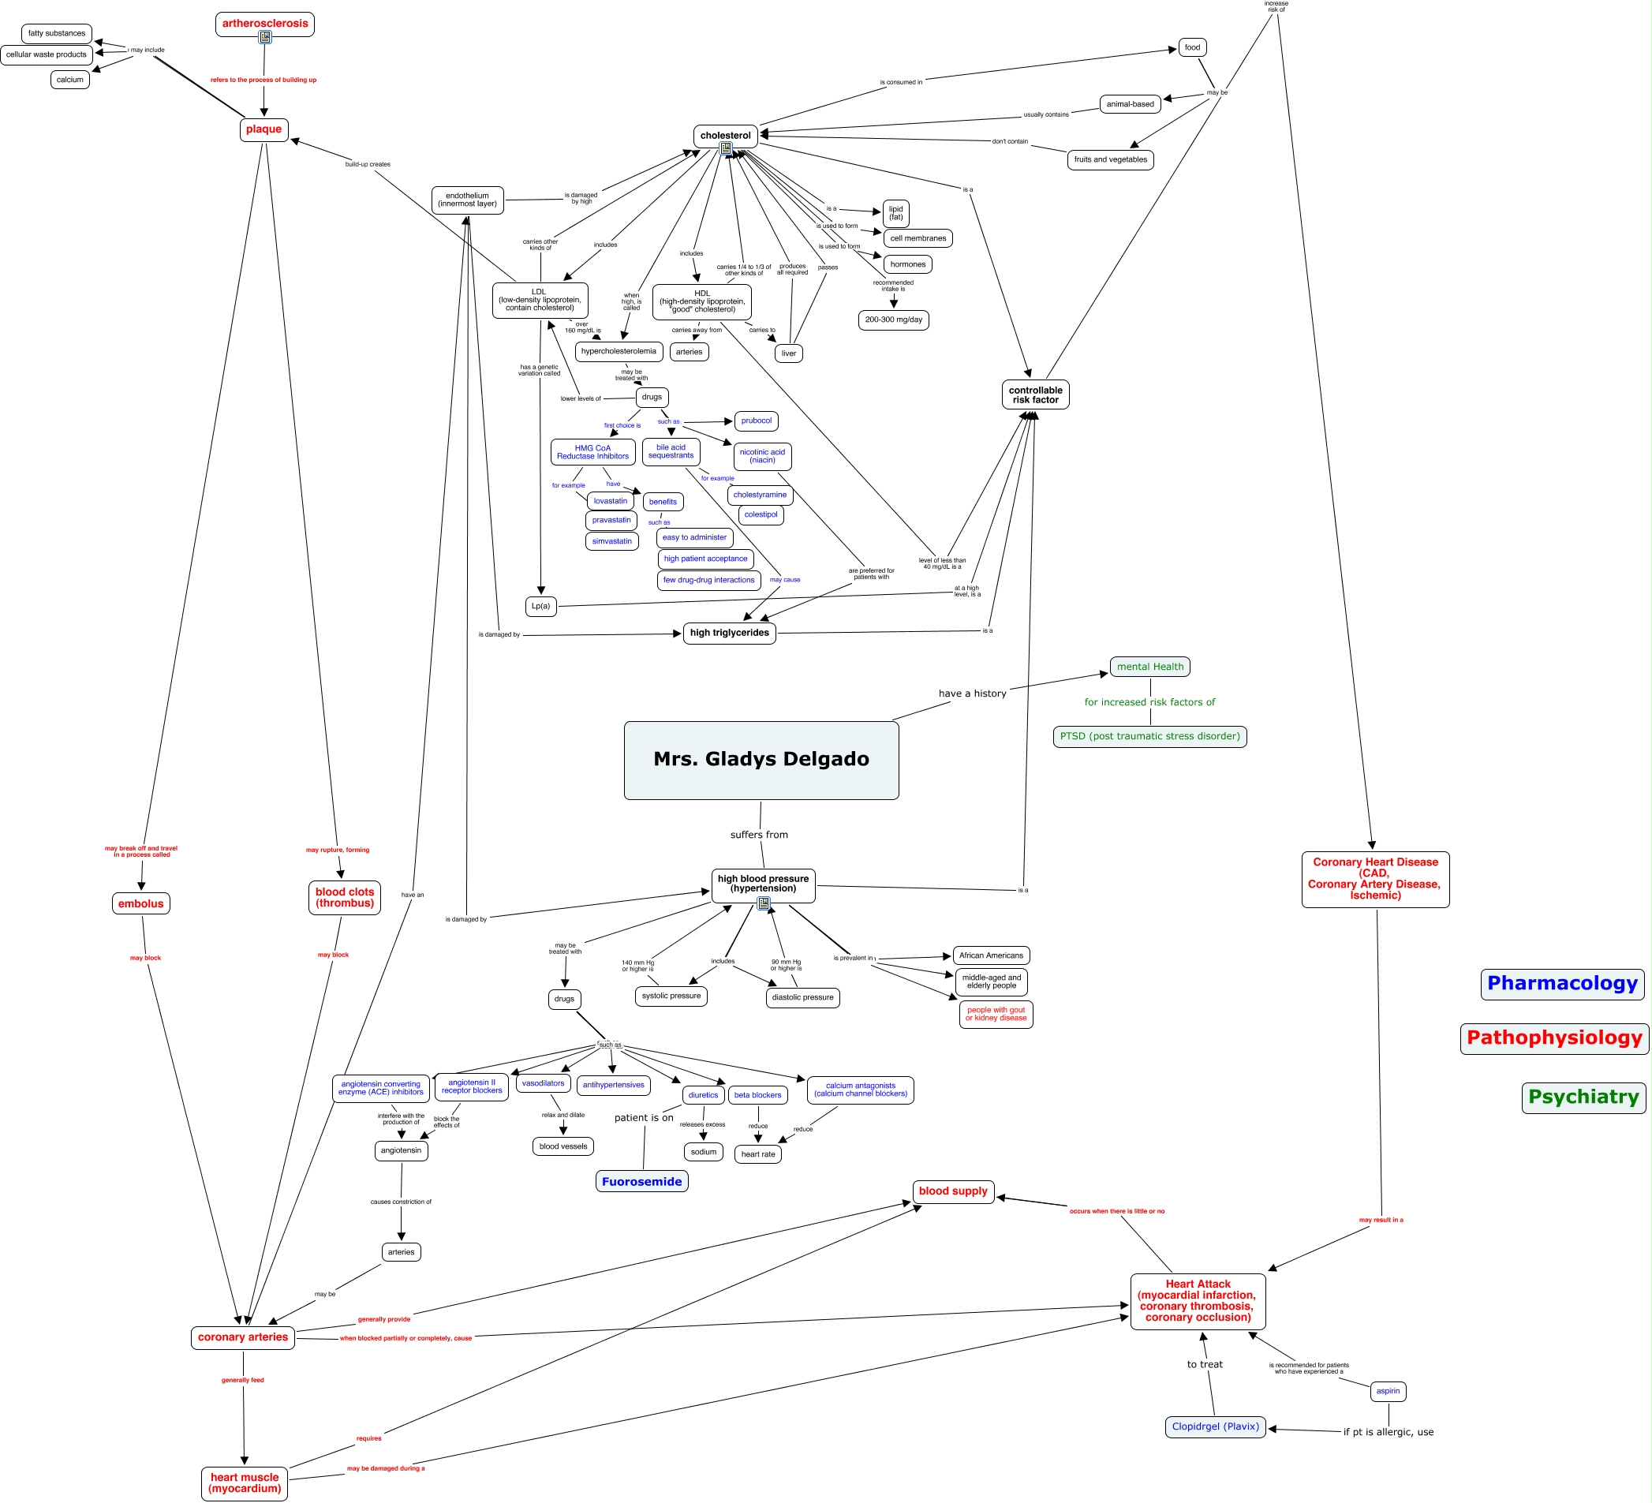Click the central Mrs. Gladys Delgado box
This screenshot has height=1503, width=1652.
pyautogui.click(x=761, y=760)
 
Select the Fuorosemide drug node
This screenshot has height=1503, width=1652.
pyautogui.click(x=641, y=1181)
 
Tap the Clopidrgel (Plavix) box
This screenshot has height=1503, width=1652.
pyautogui.click(x=1214, y=1426)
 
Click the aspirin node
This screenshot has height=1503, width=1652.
pyautogui.click(x=1388, y=1391)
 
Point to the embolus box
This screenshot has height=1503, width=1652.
pyautogui.click(x=141, y=903)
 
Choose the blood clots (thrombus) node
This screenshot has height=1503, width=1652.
pyautogui.click(x=344, y=897)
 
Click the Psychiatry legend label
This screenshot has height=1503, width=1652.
pyautogui.click(x=1583, y=1097)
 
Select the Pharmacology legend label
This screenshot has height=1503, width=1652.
pyautogui.click(x=1562, y=983)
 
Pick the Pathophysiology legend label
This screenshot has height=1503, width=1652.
pyautogui.click(x=1553, y=1038)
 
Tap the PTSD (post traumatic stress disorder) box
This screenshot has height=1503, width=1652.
pyautogui.click(x=1149, y=736)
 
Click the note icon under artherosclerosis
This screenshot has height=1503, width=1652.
pyautogui.click(x=264, y=37)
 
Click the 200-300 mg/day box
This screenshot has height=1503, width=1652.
pyautogui.click(x=893, y=320)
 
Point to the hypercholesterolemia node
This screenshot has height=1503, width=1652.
pyautogui.click(x=619, y=352)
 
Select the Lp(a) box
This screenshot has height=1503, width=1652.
pyautogui.click(x=541, y=607)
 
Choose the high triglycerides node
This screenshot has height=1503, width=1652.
pyautogui.click(x=729, y=633)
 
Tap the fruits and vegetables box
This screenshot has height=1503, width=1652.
pyautogui.click(x=1110, y=160)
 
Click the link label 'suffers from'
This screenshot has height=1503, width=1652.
pyautogui.click(x=759, y=834)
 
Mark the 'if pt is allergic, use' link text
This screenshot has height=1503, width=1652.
pyautogui.click(x=1389, y=1432)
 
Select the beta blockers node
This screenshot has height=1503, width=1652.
pyautogui.click(x=757, y=1095)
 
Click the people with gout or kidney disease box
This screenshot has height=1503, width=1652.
pyautogui.click(x=996, y=1014)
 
